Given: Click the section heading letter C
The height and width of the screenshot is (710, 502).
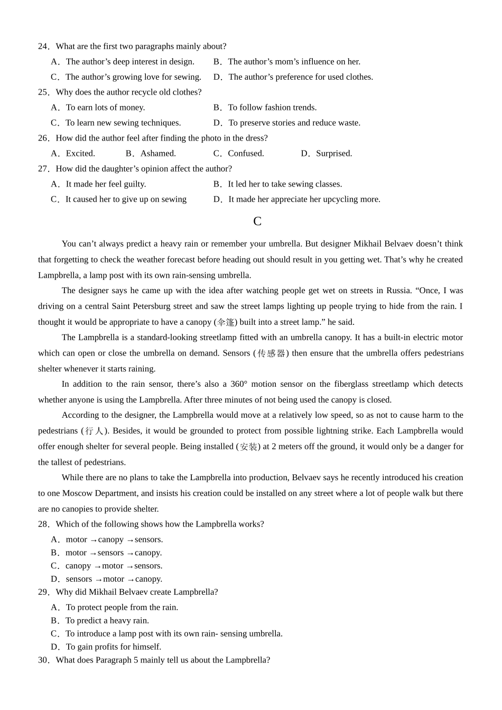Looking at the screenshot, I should tap(257, 221).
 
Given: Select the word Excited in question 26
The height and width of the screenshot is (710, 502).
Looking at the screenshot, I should tap(80, 154).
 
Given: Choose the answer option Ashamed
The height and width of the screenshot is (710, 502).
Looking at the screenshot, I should tap(158, 154).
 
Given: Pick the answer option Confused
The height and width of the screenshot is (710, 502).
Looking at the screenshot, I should tap(246, 154).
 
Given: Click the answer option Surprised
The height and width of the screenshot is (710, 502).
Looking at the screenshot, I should tap(333, 154).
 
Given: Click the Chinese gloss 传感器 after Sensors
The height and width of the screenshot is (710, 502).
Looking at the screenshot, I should tap(271, 353).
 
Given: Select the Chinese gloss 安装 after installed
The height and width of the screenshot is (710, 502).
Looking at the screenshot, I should tap(248, 447).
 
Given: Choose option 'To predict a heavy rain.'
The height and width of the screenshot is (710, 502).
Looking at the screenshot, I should tap(107, 621).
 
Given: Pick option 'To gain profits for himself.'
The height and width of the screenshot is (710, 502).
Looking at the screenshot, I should tap(113, 647).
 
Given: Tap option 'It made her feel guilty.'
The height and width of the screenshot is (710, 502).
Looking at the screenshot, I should tap(105, 184).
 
